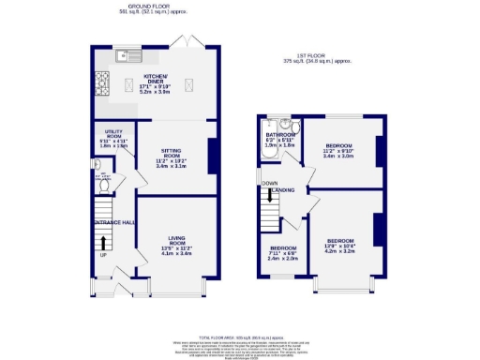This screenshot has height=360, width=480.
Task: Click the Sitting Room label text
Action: (x=171, y=156)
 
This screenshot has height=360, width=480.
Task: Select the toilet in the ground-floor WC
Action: (x=104, y=185)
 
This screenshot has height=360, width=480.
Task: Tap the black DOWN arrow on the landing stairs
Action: (x=270, y=195)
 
